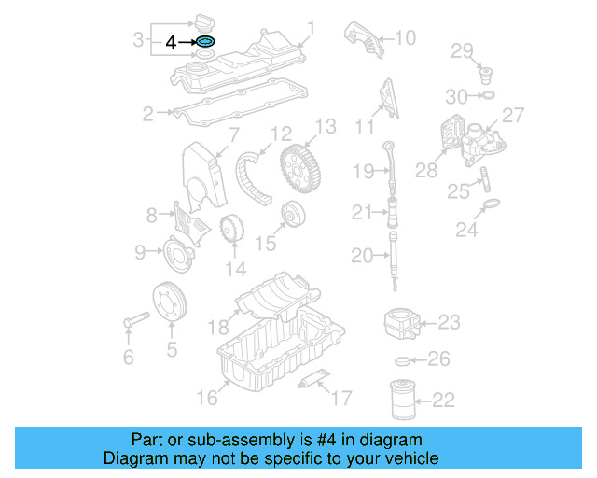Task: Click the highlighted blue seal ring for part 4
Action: pos(205,42)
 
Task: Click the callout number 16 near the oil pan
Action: pos(206,398)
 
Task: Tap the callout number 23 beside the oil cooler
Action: pos(449,323)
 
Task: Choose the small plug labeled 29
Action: pos(485,72)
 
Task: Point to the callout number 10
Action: pos(405,38)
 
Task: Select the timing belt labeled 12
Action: pos(255,175)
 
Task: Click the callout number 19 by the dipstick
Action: pos(363,170)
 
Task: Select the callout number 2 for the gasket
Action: pos(147,115)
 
